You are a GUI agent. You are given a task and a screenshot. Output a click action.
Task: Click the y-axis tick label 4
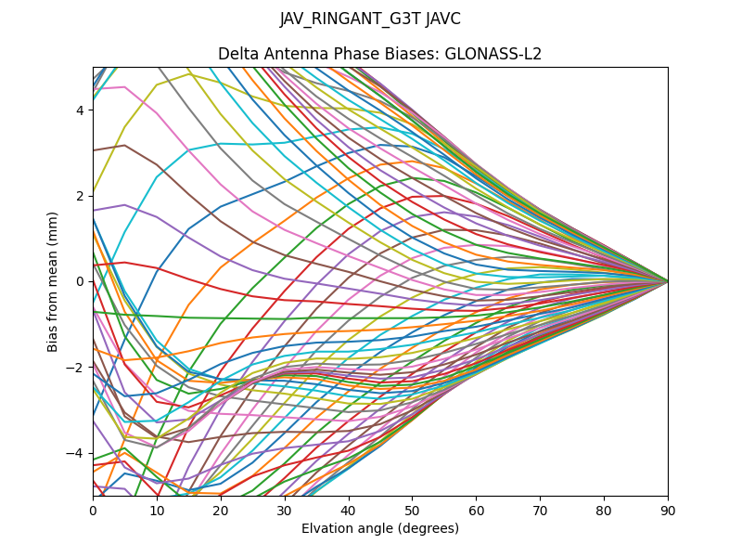(x=81, y=110)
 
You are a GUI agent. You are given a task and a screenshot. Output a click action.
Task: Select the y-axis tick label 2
(x=81, y=196)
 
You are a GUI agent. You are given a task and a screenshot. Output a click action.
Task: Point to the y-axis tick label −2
(x=78, y=368)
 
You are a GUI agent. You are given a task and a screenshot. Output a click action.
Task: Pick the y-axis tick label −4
(x=78, y=453)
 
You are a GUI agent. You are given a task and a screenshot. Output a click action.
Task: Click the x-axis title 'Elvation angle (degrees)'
(x=380, y=529)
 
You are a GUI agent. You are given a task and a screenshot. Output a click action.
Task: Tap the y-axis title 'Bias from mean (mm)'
(x=54, y=281)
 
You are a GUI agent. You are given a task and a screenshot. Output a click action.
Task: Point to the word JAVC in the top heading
(x=441, y=19)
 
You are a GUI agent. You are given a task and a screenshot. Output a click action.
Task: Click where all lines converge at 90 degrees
(x=667, y=281)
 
